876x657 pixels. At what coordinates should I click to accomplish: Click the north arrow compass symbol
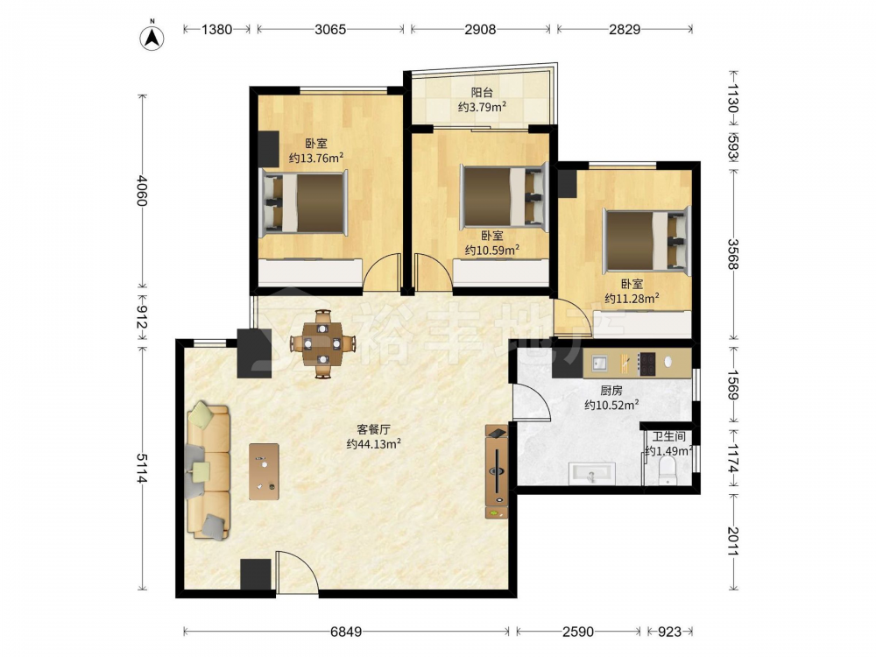152,37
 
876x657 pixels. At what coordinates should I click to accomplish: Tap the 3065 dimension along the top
330,29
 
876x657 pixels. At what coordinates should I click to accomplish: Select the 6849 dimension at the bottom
346,632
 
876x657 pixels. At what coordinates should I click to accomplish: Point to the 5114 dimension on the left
142,468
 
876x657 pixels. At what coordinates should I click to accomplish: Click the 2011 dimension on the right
733,540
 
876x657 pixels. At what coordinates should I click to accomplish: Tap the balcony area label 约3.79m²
482,107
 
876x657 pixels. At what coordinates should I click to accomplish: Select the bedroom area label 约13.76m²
316,158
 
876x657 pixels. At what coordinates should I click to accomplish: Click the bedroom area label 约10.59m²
492,250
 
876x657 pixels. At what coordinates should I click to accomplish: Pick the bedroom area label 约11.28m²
632,299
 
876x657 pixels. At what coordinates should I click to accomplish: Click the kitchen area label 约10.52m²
611,405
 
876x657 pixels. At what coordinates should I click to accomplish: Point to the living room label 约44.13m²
373,443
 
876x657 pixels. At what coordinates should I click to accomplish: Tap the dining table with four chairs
322,343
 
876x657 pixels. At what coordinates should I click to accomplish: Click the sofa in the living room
208,471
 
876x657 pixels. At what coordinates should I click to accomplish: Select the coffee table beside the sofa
264,471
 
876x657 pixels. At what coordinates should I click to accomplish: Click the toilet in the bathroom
668,470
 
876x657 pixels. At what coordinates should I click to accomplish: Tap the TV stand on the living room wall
497,471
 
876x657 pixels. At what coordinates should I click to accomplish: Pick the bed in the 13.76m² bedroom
305,202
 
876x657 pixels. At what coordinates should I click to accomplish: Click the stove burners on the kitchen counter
647,364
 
